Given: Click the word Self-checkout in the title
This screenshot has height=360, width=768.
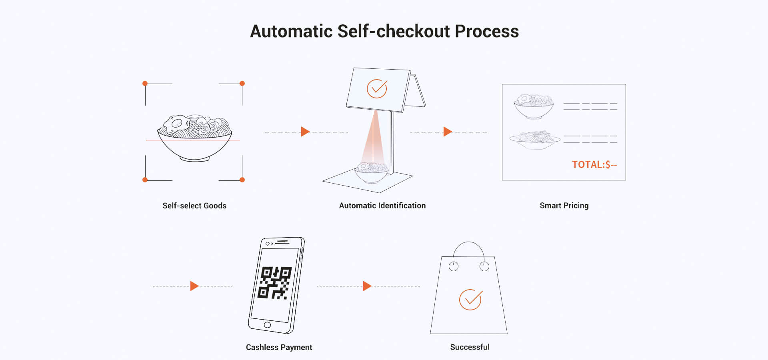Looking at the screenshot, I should [x=394, y=31].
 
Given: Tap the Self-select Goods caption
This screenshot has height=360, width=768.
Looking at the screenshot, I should [x=194, y=206].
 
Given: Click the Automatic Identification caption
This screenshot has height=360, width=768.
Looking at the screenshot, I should [x=382, y=206].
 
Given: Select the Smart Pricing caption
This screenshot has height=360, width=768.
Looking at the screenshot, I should [x=564, y=206].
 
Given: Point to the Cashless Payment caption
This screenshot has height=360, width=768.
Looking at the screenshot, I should [x=279, y=347].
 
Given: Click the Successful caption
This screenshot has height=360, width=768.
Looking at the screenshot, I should [x=470, y=347].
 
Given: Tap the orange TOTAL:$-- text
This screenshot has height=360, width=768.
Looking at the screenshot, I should [x=594, y=165].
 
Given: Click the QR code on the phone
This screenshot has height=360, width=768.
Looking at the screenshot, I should [x=275, y=283].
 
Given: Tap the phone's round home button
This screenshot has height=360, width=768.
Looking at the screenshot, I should [x=267, y=325].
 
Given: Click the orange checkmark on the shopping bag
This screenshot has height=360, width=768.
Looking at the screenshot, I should [x=470, y=300].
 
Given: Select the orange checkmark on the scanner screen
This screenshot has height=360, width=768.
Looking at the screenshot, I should [x=377, y=89].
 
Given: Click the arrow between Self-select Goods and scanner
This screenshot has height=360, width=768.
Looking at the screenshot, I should [x=305, y=132].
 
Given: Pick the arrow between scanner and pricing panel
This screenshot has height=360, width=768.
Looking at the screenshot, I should [x=448, y=132].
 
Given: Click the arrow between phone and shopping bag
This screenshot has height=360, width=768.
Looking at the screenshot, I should [x=367, y=286].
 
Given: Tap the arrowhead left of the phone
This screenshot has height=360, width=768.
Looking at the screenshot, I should [x=194, y=286].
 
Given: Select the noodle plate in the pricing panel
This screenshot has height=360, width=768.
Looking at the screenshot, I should [x=534, y=139].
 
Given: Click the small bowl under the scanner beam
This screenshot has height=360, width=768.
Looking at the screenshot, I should [x=371, y=172].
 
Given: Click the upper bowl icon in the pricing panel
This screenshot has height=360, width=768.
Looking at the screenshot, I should [x=534, y=106].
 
